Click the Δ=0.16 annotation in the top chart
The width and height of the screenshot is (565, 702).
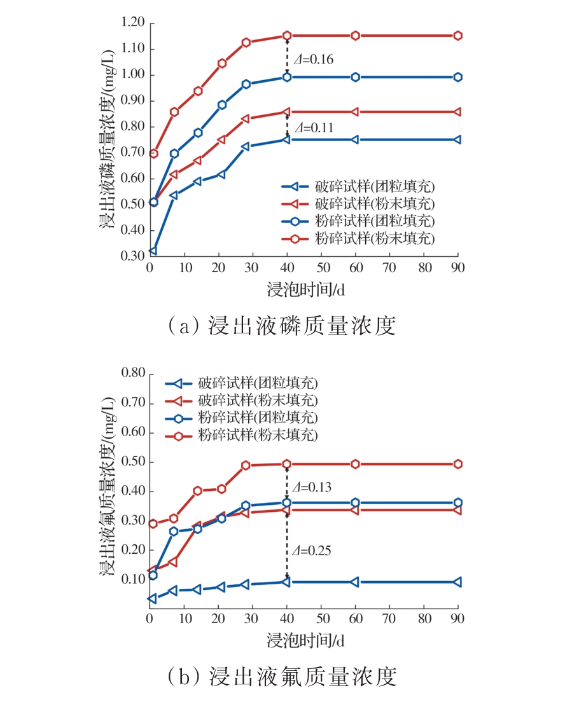click(x=313, y=60)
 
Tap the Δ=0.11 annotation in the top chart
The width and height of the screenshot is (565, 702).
click(x=313, y=128)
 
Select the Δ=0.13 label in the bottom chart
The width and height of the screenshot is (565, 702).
click(x=313, y=488)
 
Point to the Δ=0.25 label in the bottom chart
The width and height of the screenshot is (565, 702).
click(x=313, y=549)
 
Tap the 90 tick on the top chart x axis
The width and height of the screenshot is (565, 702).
click(x=457, y=267)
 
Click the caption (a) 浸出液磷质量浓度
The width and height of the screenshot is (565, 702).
click(x=282, y=326)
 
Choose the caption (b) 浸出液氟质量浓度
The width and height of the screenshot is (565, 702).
click(x=282, y=676)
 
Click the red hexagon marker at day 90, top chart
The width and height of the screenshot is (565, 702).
click(x=457, y=36)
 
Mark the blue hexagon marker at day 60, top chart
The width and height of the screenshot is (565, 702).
click(x=356, y=77)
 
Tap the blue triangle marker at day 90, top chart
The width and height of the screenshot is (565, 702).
click(x=457, y=139)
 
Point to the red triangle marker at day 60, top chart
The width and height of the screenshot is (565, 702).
click(x=356, y=112)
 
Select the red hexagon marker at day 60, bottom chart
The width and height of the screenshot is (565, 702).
click(x=356, y=464)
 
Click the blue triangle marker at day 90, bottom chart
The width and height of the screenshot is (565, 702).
click(x=457, y=582)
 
